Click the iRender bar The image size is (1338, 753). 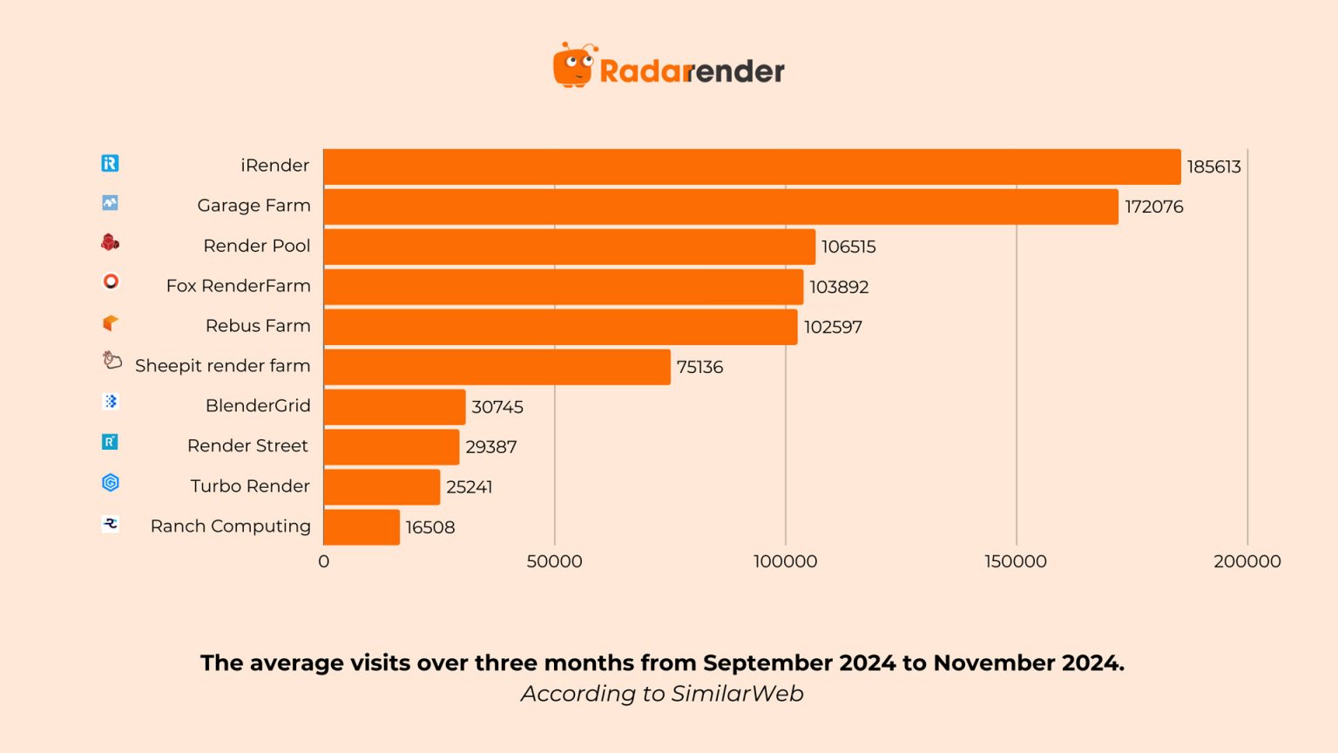click(752, 166)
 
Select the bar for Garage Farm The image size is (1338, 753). click(720, 207)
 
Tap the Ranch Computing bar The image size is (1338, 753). click(362, 527)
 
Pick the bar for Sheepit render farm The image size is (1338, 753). click(497, 367)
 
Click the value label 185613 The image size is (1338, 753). click(1213, 166)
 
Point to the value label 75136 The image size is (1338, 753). click(699, 367)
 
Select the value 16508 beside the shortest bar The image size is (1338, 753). click(430, 527)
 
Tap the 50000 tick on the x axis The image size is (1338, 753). click(554, 561)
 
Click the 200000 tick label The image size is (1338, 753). click(1247, 561)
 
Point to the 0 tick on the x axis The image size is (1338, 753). click(324, 561)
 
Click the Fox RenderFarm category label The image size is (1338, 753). click(238, 286)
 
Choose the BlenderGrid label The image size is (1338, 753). click(258, 405)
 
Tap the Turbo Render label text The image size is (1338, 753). click(250, 486)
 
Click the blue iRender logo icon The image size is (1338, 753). click(110, 163)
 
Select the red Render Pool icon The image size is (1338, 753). click(110, 242)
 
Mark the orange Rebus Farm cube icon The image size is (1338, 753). click(110, 323)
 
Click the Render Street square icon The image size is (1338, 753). click(110, 442)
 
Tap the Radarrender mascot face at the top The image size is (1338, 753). click(573, 65)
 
